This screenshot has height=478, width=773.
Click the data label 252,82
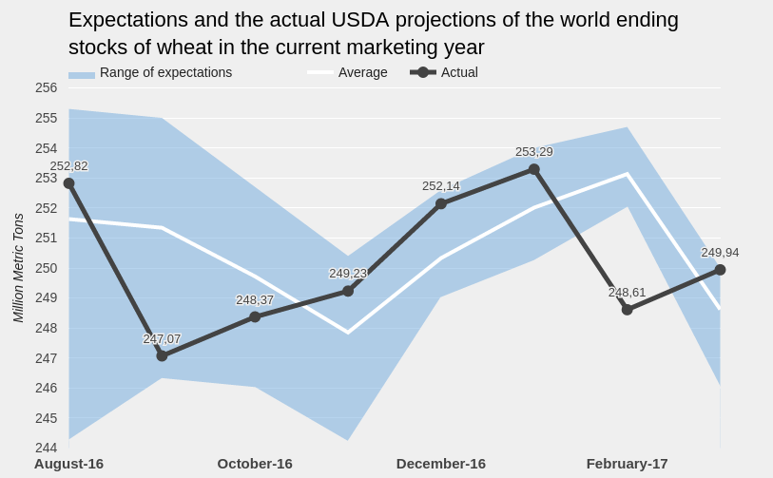(68, 166)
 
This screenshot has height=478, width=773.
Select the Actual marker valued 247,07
(162, 355)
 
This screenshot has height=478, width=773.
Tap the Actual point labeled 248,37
(255, 316)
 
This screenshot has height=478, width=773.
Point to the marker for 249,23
(348, 291)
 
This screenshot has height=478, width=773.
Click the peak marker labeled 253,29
(534, 169)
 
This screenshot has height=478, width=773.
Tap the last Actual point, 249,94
(720, 270)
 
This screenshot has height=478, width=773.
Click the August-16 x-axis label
(68, 464)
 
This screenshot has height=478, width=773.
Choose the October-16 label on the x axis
(255, 464)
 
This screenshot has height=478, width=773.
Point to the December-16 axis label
(441, 464)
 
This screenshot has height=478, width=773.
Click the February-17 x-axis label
(627, 464)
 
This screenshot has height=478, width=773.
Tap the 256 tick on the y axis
(46, 87)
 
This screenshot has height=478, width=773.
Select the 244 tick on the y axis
(46, 448)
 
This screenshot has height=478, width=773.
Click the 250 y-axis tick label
(46, 268)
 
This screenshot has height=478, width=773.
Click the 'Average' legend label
(362, 72)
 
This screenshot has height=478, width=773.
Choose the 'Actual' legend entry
(459, 72)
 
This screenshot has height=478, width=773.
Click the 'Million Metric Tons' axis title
(18, 268)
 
